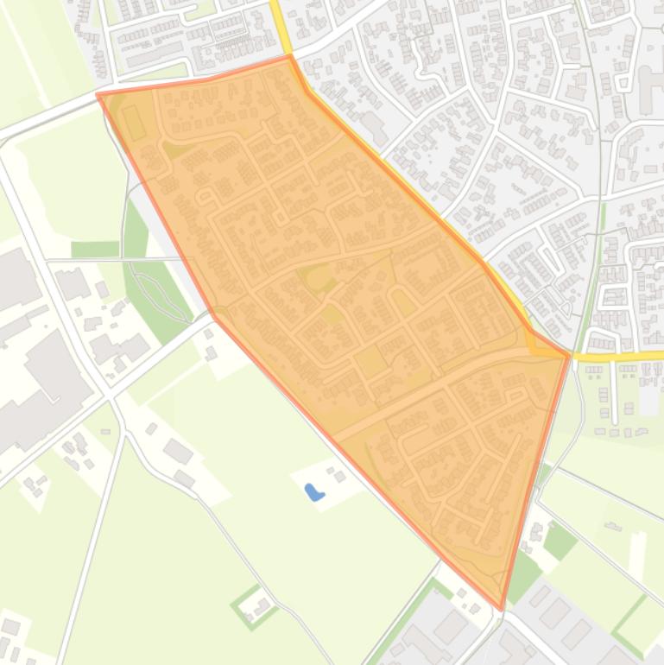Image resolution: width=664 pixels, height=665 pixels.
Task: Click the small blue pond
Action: click(x=313, y=492)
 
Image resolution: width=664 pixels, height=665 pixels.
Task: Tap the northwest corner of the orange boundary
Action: click(x=98, y=94)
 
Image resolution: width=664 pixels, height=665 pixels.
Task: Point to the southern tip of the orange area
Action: click(x=502, y=609)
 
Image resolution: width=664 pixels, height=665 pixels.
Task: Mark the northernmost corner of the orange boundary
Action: click(x=289, y=56)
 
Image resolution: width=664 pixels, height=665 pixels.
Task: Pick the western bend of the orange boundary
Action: click(x=212, y=316)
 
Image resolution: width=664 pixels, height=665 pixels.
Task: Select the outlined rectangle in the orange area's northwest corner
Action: click(x=135, y=123)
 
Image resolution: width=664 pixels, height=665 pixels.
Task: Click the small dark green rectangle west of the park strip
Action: click(x=95, y=250)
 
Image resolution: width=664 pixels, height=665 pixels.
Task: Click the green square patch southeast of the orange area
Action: click(x=560, y=541)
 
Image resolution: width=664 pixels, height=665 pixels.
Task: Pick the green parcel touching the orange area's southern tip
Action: click(x=523, y=575)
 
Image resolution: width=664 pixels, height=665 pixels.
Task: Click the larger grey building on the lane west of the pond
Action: click(x=178, y=451)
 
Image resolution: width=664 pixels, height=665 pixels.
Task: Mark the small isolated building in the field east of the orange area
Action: click(x=614, y=526)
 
